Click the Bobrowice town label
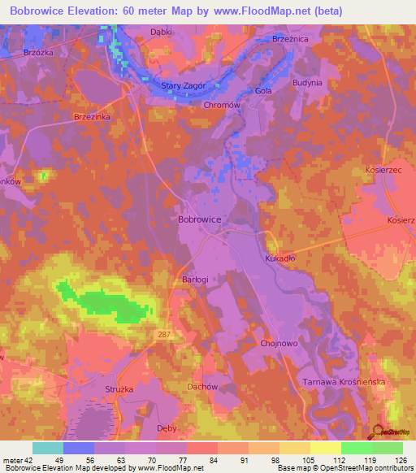(199, 219)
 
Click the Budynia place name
(307, 83)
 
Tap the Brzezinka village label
(92, 117)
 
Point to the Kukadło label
(280, 258)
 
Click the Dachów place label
(202, 387)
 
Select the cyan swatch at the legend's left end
(48, 448)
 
